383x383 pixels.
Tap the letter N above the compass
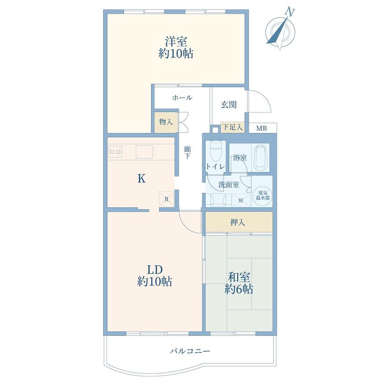(290, 12)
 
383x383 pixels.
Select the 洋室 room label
(176, 41)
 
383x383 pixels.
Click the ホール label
(182, 98)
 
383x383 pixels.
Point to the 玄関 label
(229, 104)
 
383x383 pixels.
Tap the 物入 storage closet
(166, 122)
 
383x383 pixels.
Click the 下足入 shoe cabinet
(233, 127)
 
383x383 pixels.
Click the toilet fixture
(216, 150)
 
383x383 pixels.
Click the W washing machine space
(241, 200)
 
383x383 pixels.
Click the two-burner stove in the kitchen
(115, 152)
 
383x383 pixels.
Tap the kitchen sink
(144, 152)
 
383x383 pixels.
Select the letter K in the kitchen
(142, 179)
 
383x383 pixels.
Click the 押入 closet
(239, 222)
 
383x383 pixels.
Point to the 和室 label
(239, 278)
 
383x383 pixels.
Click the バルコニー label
(190, 351)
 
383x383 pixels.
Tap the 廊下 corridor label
(188, 152)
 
